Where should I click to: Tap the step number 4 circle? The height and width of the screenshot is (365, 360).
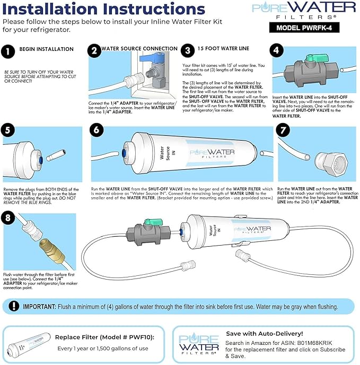pos(276,50)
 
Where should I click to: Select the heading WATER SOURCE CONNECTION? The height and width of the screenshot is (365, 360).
pos(139,48)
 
